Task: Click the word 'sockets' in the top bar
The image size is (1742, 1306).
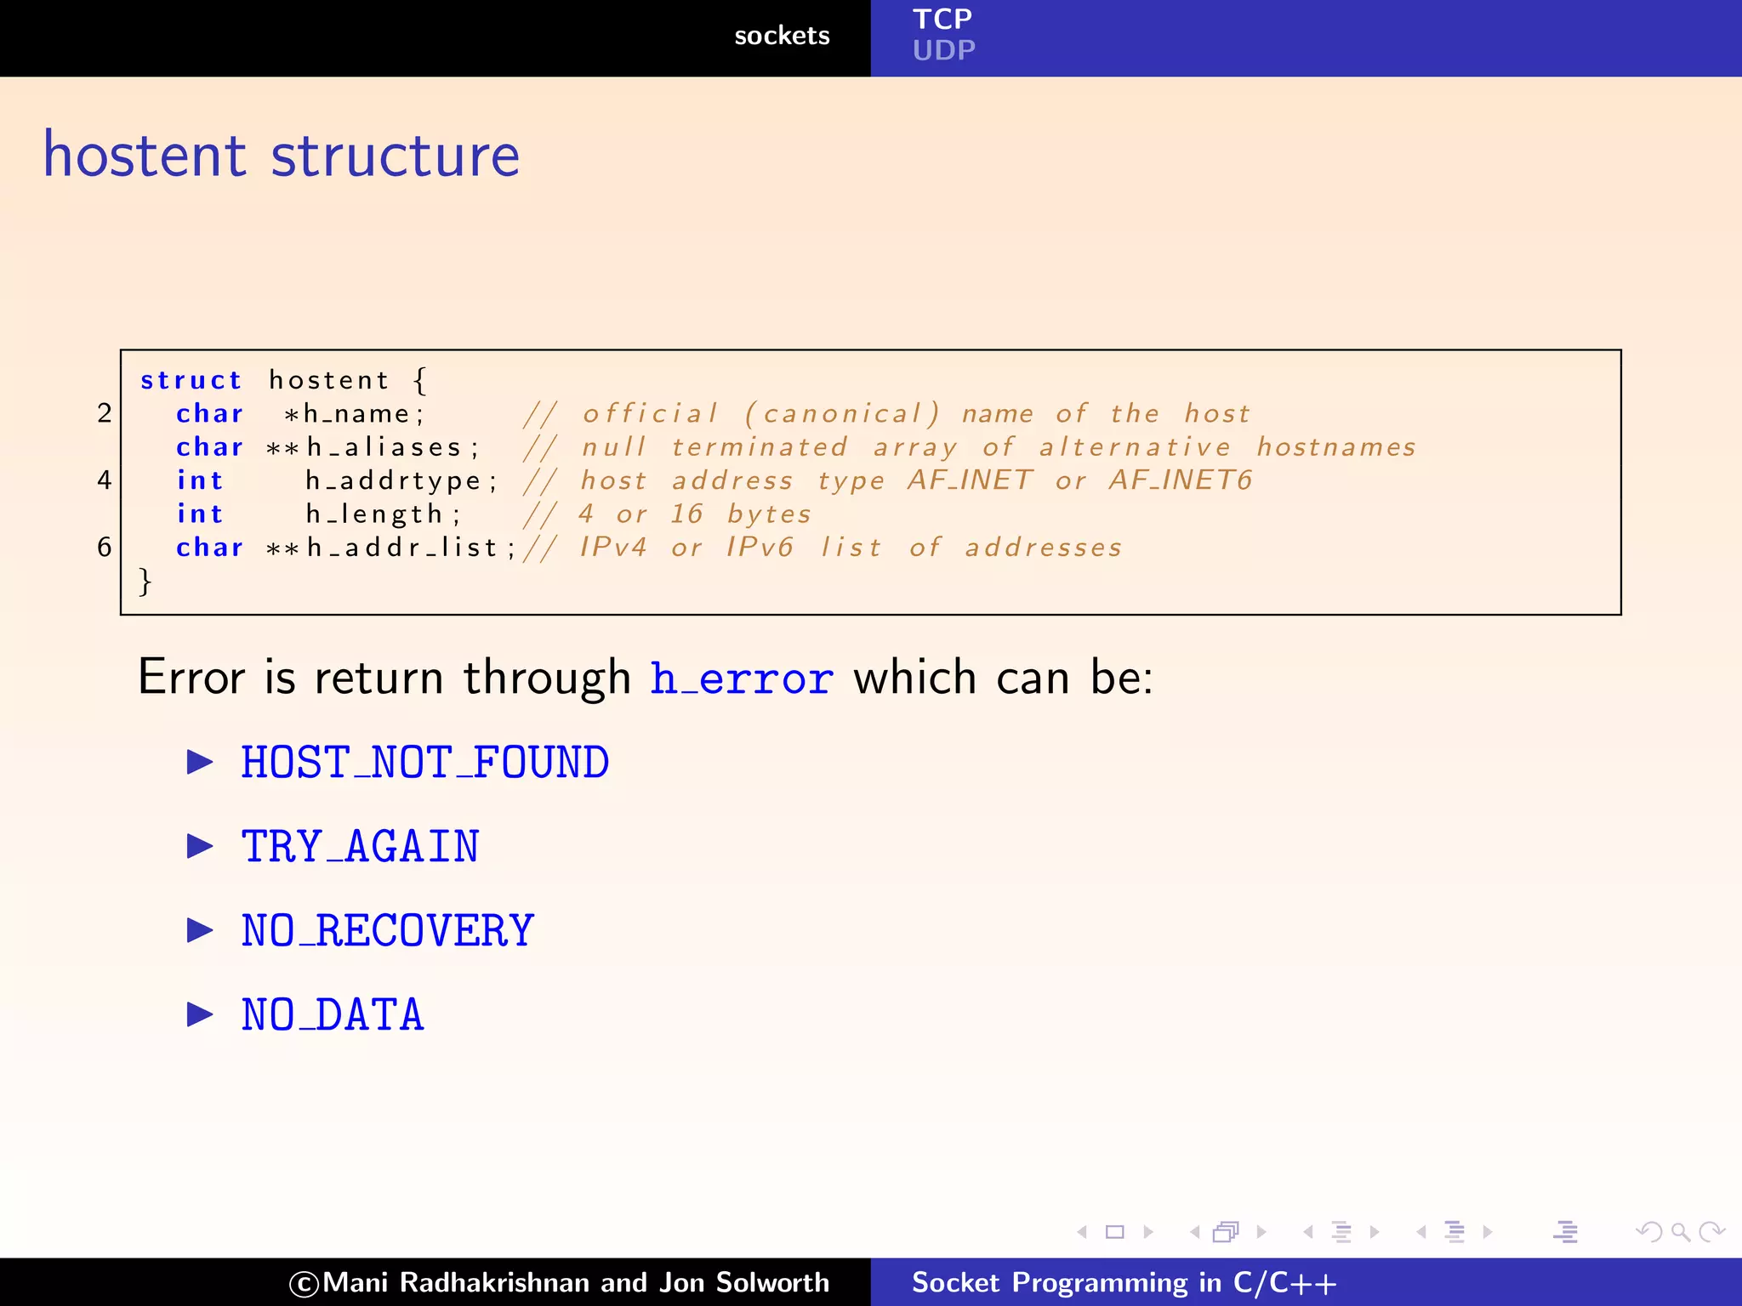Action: coord(782,36)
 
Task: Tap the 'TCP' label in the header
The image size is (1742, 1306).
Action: coord(942,19)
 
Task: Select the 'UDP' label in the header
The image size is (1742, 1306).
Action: coord(943,51)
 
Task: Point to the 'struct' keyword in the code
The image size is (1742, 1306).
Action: coord(191,380)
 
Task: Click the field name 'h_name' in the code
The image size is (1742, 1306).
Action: coord(357,414)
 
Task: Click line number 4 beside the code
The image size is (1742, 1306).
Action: coord(105,480)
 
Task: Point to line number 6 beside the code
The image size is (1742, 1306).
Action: coord(105,547)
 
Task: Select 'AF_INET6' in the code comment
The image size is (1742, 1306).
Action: coord(1180,480)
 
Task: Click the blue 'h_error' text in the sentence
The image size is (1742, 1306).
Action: coord(741,679)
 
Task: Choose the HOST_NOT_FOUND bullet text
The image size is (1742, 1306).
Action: coord(425,762)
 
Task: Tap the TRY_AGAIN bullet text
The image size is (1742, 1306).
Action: coord(361,847)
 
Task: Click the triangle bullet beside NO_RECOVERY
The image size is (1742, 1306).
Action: coord(200,930)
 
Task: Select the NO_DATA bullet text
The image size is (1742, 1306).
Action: coord(333,1015)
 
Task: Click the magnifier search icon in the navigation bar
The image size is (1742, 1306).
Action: coord(1680,1232)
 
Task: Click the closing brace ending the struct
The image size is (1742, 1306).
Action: coord(145,582)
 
